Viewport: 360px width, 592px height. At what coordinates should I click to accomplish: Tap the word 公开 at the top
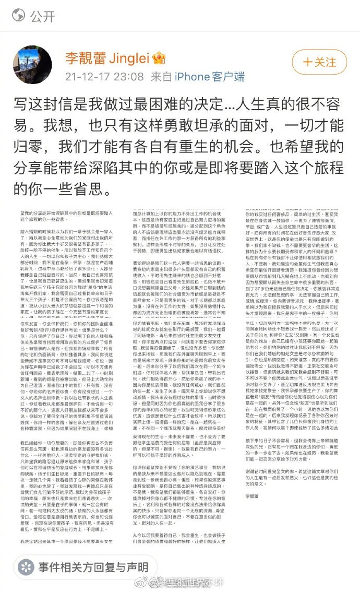pyautogui.click(x=42, y=16)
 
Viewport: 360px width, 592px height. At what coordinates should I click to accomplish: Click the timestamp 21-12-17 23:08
pyautogui.click(x=104, y=76)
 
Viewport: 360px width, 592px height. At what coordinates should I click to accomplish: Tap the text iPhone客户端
pyautogui.click(x=210, y=76)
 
